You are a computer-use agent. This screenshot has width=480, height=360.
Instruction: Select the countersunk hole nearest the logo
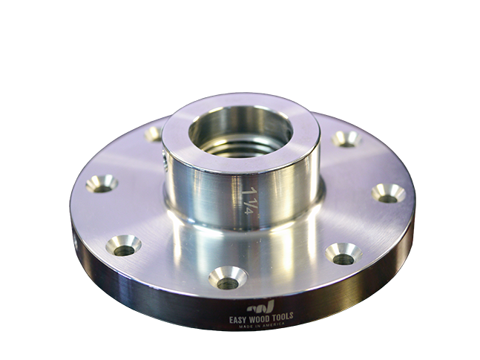(227, 280)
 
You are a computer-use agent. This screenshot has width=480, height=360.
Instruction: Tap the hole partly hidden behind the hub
(154, 134)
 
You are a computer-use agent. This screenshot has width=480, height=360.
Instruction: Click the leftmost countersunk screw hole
(102, 183)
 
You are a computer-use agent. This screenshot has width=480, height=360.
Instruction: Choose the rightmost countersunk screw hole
(388, 194)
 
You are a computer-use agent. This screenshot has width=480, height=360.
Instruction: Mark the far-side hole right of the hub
(346, 138)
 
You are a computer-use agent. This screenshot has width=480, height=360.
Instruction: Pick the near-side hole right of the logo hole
(343, 255)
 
